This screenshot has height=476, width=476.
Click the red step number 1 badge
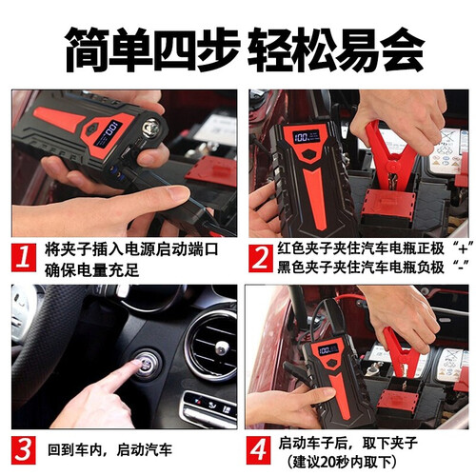click(24, 257)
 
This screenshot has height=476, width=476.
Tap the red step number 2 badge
click(261, 258)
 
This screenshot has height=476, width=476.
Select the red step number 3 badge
click(24, 450)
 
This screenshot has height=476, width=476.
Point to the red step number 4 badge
click(259, 450)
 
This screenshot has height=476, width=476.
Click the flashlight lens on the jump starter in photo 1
click(149, 128)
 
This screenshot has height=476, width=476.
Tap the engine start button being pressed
click(146, 365)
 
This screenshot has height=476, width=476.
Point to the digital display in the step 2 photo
click(306, 137)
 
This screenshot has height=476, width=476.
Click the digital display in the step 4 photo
click(328, 350)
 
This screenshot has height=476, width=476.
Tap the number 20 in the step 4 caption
click(327, 462)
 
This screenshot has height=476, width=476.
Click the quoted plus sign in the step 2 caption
click(463, 248)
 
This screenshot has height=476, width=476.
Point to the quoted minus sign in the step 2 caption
click(462, 267)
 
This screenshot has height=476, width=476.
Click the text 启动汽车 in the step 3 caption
click(145, 450)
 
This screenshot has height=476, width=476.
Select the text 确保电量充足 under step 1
click(92, 270)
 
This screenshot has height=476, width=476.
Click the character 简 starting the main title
click(89, 50)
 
